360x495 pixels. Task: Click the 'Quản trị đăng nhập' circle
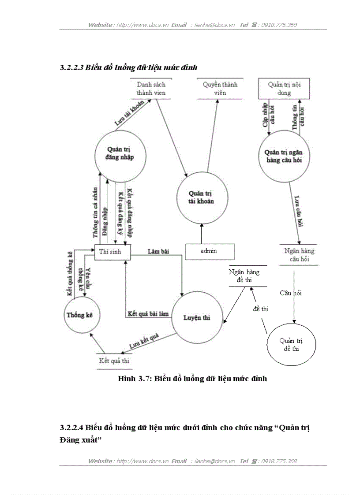pyautogui.click(x=120, y=154)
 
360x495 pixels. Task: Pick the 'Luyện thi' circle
pyautogui.click(x=197, y=318)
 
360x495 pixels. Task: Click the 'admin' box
pyautogui.click(x=209, y=251)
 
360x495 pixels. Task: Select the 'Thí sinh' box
pyautogui.click(x=112, y=252)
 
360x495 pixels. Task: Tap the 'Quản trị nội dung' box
pyautogui.click(x=284, y=89)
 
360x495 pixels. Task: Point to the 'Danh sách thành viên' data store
pyautogui.click(x=151, y=89)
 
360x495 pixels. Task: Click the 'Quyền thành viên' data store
pyautogui.click(x=220, y=89)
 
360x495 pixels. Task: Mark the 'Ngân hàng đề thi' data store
pyautogui.click(x=247, y=276)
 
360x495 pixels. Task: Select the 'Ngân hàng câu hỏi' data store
pyautogui.click(x=299, y=255)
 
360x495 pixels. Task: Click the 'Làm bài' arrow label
pyautogui.click(x=158, y=251)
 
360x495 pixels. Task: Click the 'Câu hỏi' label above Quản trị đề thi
pyautogui.click(x=291, y=293)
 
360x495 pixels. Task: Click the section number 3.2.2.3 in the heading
pyautogui.click(x=71, y=68)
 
